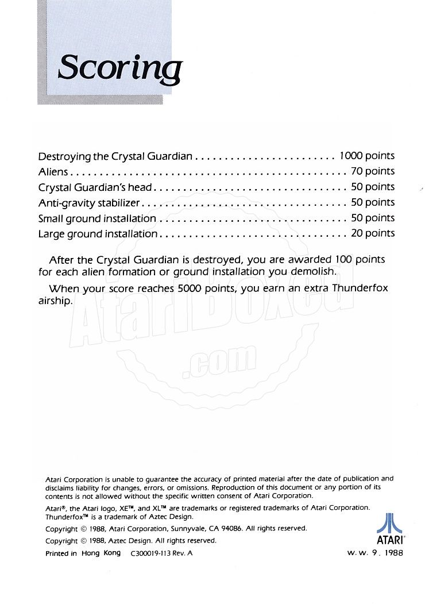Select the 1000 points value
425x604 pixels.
tap(367, 156)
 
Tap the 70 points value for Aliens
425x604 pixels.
tap(373, 171)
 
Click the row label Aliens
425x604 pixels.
tap(53, 171)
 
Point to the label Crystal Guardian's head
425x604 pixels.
tap(95, 187)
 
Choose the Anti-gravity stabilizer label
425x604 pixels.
tap(89, 202)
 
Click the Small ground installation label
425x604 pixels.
tap(97, 218)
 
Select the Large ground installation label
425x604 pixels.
tap(98, 234)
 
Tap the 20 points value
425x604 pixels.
tap(373, 233)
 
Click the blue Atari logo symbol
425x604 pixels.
tap(389, 524)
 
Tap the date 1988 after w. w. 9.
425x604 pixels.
tap(391, 553)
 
